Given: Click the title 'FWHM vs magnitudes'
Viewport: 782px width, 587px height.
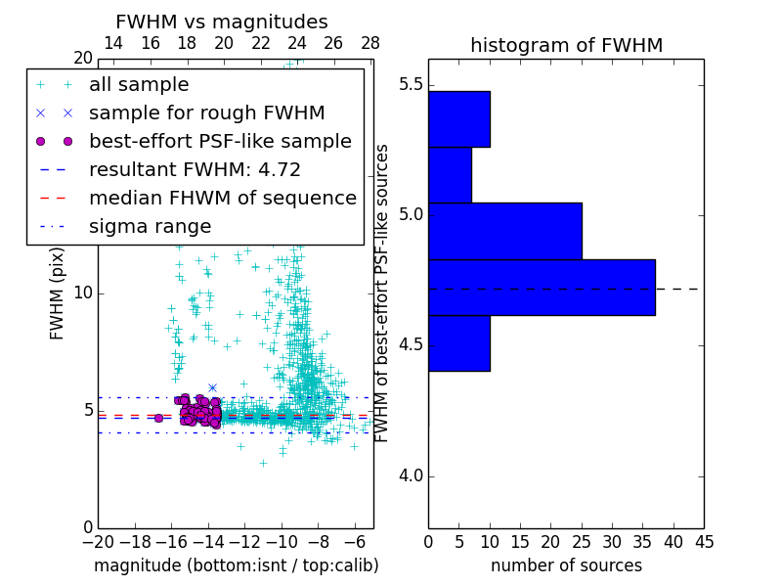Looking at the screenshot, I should (222, 23).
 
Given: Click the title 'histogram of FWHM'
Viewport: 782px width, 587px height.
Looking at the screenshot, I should (566, 46).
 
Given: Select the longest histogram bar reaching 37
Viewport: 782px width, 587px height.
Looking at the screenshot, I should (542, 287).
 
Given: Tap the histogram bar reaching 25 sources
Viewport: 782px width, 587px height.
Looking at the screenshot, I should (504, 231).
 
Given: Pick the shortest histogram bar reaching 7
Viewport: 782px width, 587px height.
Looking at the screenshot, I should (450, 175).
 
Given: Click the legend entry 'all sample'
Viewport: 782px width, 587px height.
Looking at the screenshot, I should (139, 85).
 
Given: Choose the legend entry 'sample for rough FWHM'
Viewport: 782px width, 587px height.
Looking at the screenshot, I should (206, 113).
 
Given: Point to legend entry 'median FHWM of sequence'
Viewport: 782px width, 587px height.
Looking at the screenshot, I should (222, 199).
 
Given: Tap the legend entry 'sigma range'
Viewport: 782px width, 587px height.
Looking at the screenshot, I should (150, 227).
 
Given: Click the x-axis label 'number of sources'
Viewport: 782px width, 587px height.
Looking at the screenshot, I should (566, 566).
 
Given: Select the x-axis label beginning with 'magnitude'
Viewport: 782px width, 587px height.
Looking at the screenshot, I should (236, 566).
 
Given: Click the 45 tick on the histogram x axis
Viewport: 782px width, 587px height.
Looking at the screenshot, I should (704, 541).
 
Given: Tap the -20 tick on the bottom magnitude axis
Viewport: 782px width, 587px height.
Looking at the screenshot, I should (98, 541).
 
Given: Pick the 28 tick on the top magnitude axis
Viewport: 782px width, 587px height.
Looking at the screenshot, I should (370, 44).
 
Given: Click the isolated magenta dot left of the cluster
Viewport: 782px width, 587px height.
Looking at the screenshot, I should (158, 418).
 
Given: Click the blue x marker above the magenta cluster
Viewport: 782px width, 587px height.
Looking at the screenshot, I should (212, 388).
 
